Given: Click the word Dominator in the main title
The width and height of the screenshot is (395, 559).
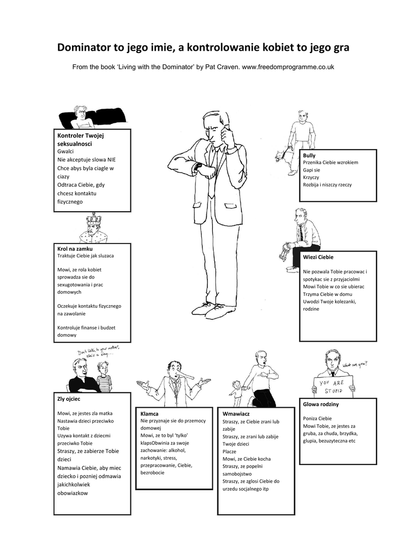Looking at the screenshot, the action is pos(83,48).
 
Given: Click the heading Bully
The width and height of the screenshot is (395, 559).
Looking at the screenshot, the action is pos(309,156).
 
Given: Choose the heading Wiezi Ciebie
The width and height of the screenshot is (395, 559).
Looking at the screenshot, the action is pos(318,257).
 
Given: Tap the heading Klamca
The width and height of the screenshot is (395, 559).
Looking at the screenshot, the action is pos(149,414).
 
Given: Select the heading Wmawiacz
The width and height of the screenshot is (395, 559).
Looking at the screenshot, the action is pos(233,414).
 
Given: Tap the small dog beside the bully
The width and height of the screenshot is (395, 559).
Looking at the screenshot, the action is pos(282,156).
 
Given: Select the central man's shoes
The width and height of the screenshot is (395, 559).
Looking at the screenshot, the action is pos(210,308).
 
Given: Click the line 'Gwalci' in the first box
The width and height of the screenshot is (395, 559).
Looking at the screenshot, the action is pos(65,151).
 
